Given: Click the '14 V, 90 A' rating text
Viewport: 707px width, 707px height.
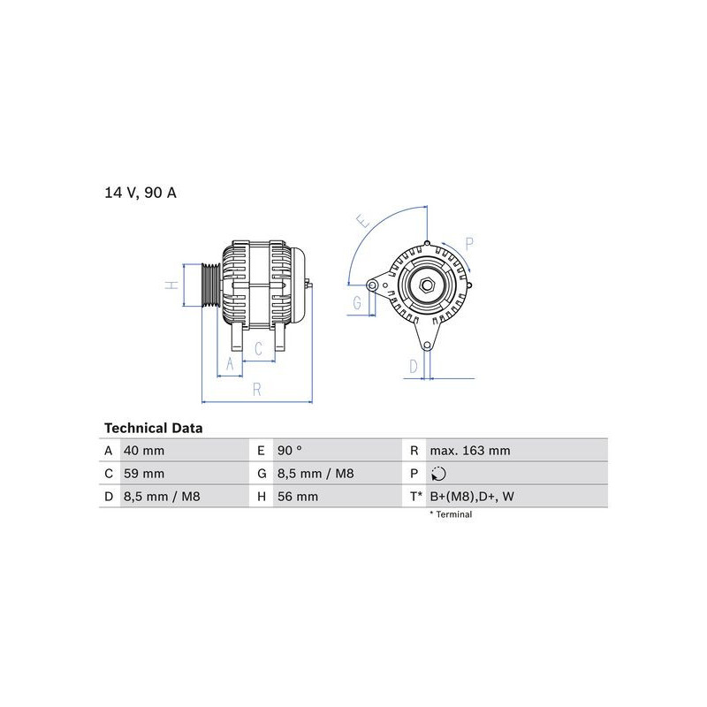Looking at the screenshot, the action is (x=141, y=193).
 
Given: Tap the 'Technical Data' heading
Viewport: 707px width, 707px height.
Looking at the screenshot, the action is (x=153, y=428).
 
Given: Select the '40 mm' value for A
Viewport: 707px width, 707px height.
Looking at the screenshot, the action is (x=144, y=451).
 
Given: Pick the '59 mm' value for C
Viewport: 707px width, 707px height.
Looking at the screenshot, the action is (x=144, y=474).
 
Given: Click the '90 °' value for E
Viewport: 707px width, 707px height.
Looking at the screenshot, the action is (x=290, y=451).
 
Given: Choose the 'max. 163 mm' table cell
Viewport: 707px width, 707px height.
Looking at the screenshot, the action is (x=470, y=451).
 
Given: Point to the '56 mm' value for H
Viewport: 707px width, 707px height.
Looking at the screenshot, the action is (x=298, y=497).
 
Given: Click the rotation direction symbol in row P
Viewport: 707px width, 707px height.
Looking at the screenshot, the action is (x=438, y=474).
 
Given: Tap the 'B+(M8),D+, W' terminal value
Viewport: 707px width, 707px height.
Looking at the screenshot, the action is (x=472, y=497).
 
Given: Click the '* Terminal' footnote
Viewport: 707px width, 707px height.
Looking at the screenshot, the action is (x=451, y=514).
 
